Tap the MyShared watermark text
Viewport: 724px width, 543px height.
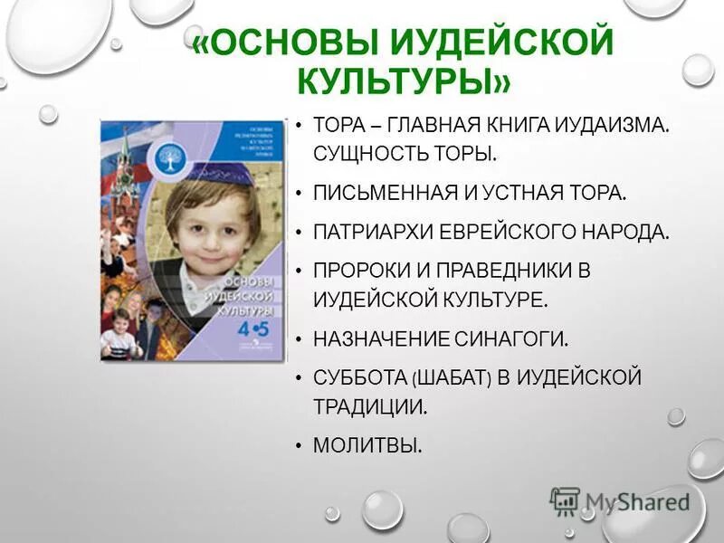638,500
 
